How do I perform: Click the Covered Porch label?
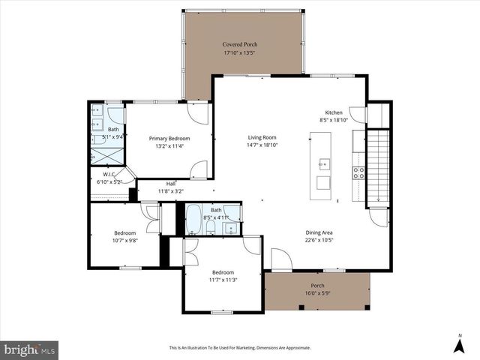240,44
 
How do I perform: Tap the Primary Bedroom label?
169,138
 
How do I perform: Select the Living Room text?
262,137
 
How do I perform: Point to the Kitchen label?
333,112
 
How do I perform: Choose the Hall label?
170,183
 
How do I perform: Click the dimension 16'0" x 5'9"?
317,293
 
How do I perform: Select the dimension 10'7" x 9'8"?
124,241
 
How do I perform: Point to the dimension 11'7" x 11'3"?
223,280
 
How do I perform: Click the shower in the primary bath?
100,156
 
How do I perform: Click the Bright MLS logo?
30,349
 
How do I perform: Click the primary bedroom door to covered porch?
197,112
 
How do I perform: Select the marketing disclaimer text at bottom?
239,348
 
